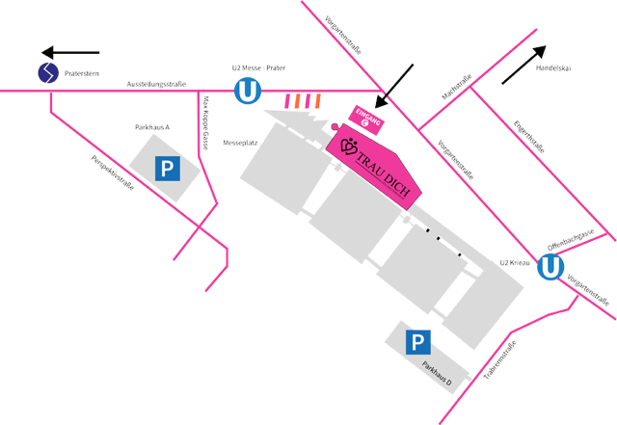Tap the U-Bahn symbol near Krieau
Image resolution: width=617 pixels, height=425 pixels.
click(550, 267)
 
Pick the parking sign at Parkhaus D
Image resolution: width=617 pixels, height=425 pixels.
click(418, 341)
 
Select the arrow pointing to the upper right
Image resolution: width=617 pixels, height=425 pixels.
click(525, 66)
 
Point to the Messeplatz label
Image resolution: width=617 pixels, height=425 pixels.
click(236, 142)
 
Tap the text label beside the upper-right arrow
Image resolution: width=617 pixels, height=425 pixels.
click(553, 67)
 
